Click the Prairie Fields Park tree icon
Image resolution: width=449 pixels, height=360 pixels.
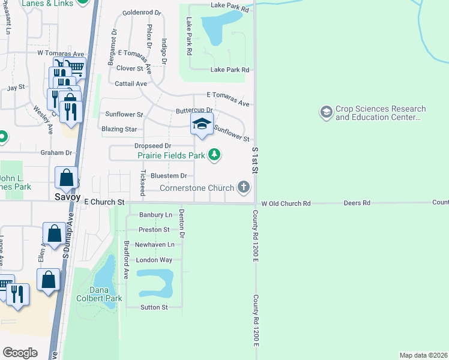click(214, 155)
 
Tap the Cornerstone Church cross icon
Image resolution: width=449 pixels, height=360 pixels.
click(243, 188)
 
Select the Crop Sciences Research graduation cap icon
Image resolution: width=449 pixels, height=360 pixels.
click(326, 112)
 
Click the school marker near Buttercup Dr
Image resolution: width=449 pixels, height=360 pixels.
click(202, 124)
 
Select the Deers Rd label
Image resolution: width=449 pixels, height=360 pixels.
click(357, 203)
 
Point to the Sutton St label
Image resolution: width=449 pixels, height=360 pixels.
click(154, 307)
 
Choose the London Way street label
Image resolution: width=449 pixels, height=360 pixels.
click(154, 260)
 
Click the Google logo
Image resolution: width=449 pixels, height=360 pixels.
click(20, 352)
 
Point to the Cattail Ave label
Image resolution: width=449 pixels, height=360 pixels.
click(131, 84)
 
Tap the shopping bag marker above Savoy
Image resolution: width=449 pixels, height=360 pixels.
click(66, 178)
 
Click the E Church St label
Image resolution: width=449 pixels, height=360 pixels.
click(104, 202)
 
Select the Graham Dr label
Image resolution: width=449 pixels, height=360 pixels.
click(56, 152)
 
